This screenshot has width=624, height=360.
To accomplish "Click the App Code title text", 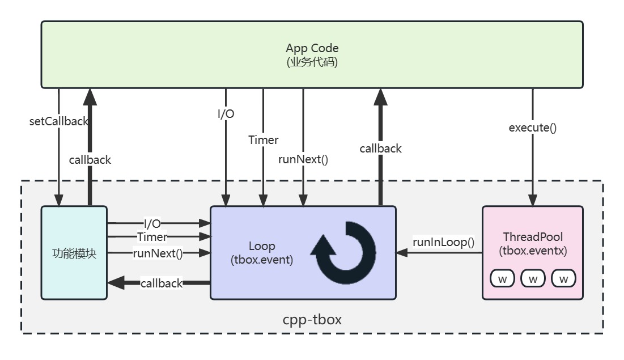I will point(312,48).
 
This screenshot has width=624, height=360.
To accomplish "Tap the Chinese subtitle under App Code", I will point(312,62).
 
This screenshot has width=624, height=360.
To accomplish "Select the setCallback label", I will point(59,121).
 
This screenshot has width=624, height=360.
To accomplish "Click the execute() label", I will point(532,128).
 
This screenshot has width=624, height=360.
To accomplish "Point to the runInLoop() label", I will point(443,243).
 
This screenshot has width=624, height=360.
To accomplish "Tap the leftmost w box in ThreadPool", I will point(502,278).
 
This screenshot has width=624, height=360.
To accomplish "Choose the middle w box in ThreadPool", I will point(532,278).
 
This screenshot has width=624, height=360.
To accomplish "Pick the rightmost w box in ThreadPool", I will point(563,278).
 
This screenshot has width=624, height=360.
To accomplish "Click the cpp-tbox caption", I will point(312,319).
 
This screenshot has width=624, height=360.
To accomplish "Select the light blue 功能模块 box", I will point(74,253).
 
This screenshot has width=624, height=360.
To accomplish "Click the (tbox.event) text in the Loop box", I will point(262,260).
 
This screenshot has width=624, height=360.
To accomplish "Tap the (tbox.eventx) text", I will point(532,250).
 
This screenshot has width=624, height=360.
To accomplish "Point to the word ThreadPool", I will point(532,236).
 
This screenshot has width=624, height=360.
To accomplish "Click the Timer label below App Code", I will point(264,139).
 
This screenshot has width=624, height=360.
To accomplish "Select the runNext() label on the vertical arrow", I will point(303,159).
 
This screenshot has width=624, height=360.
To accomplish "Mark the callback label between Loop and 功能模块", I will point(162,283).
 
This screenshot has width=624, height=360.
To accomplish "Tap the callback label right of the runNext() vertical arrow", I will point(380,149).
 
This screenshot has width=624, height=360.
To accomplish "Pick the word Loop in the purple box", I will point(262,246).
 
